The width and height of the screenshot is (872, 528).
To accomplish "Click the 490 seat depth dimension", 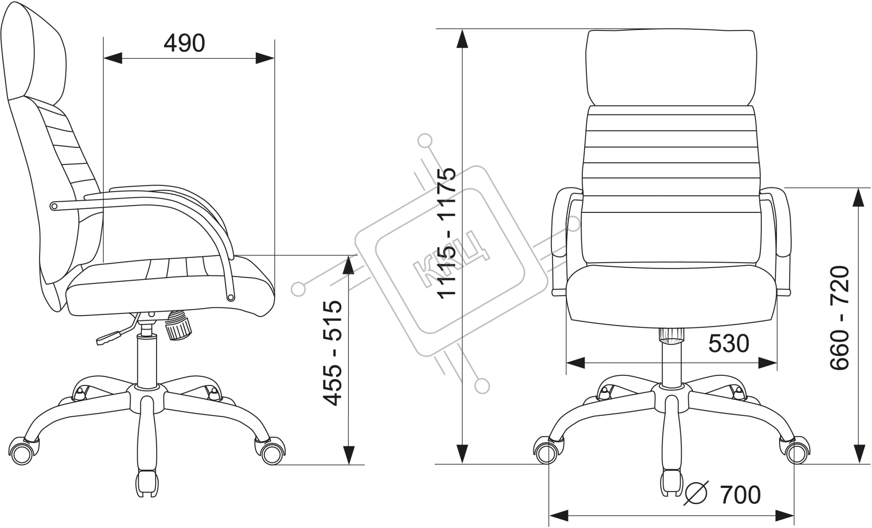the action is (x=184, y=43).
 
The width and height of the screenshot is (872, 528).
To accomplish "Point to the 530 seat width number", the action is (x=729, y=344).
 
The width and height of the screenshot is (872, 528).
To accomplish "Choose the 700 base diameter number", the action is (x=740, y=495).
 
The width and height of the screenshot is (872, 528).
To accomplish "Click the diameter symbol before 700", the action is (x=697, y=495).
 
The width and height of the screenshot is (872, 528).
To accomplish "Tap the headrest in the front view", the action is (x=671, y=68).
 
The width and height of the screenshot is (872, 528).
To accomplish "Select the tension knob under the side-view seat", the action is (x=178, y=325).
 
